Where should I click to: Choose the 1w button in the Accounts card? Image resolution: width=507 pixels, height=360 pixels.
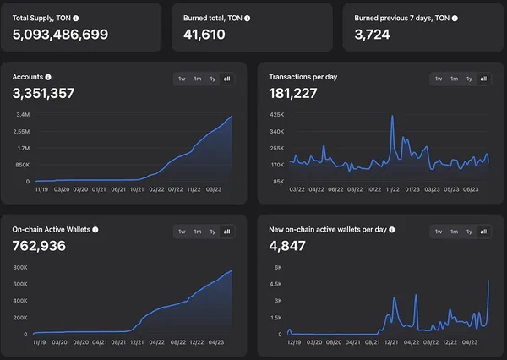click(182, 79)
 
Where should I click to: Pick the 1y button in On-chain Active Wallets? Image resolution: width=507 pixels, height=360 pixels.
click(212, 232)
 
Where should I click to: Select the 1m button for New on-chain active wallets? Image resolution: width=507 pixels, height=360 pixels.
click(453, 232)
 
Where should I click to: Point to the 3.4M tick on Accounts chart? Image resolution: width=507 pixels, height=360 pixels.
click(23, 115)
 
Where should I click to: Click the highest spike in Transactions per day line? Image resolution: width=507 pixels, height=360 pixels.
click(393, 117)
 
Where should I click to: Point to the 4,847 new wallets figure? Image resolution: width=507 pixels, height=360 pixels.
click(286, 247)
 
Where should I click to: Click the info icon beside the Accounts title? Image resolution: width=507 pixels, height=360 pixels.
click(48, 77)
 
